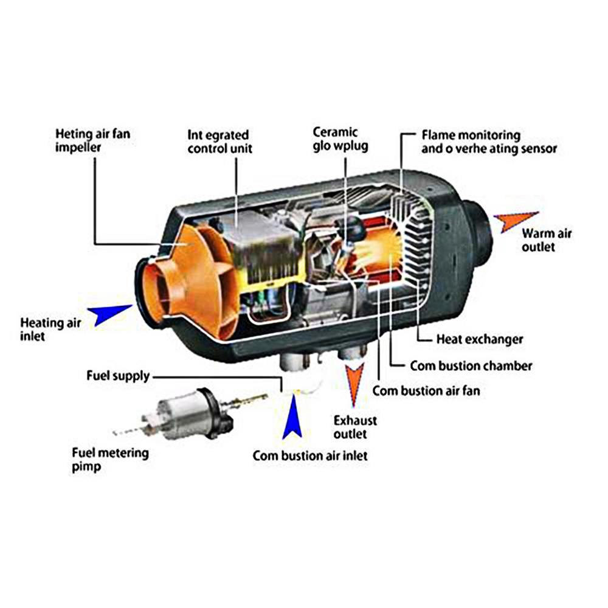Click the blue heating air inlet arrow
[111, 315]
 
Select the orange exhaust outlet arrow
[353, 384]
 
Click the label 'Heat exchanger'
[479, 339]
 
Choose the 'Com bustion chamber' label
[471, 365]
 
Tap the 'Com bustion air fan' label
[426, 390]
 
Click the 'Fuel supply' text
[117, 376]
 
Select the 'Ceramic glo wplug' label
[340, 139]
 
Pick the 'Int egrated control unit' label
[218, 141]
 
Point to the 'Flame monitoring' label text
[471, 134]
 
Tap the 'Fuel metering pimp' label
[110, 460]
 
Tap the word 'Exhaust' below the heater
[356, 420]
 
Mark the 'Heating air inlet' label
[50, 328]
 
